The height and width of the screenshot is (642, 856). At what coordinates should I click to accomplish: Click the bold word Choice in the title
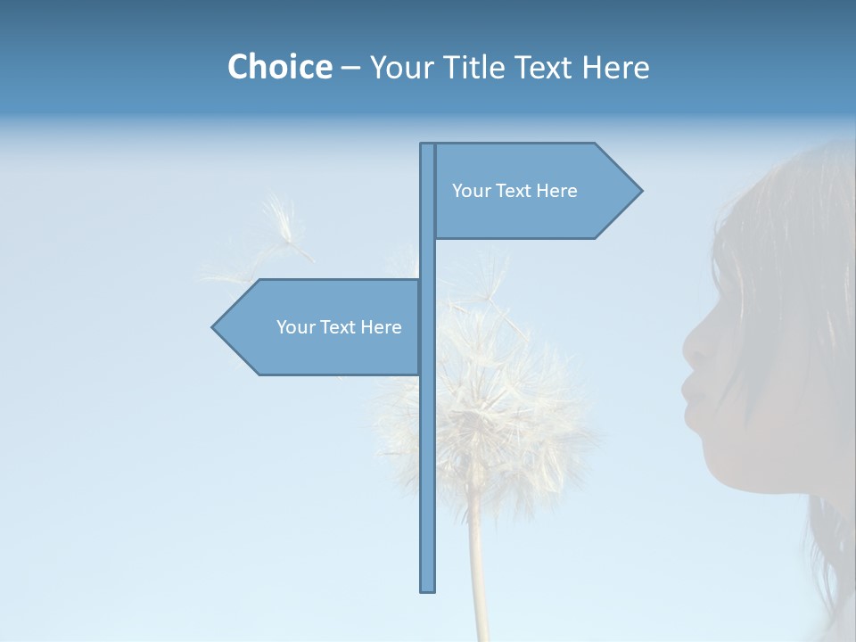279,67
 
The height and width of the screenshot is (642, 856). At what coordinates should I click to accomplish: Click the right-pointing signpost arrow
535,191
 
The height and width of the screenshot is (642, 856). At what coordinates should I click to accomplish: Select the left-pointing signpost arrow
321,327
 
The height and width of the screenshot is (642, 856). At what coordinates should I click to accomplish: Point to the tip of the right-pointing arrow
640,191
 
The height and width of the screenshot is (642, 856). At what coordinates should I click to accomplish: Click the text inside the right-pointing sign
514,191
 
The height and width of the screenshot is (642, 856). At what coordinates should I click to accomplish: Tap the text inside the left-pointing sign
339,327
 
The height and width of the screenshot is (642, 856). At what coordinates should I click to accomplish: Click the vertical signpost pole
428,446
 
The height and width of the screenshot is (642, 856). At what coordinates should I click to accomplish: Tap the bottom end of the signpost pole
428,588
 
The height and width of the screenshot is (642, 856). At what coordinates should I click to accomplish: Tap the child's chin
713,446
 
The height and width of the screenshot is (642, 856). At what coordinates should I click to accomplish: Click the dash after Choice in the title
350,68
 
